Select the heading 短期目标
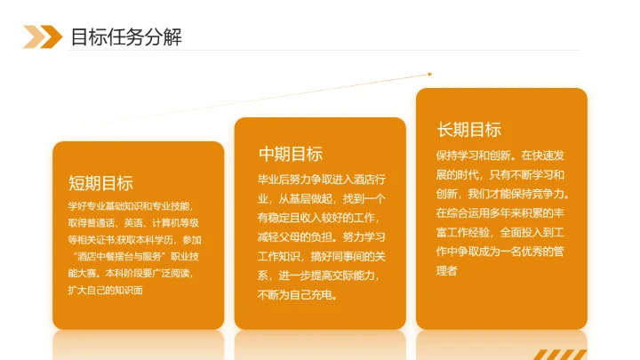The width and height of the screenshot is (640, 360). (x=100, y=183)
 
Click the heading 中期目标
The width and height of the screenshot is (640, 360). (x=290, y=153)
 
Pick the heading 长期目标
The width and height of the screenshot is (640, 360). (x=468, y=130)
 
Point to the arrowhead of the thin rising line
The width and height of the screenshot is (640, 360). (x=430, y=74)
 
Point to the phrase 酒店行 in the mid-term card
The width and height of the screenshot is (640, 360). (x=366, y=179)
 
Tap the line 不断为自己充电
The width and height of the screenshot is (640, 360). (x=297, y=295)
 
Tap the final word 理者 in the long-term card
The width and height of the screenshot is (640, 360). (x=446, y=271)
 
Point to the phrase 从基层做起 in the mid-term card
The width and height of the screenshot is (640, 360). (x=308, y=198)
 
